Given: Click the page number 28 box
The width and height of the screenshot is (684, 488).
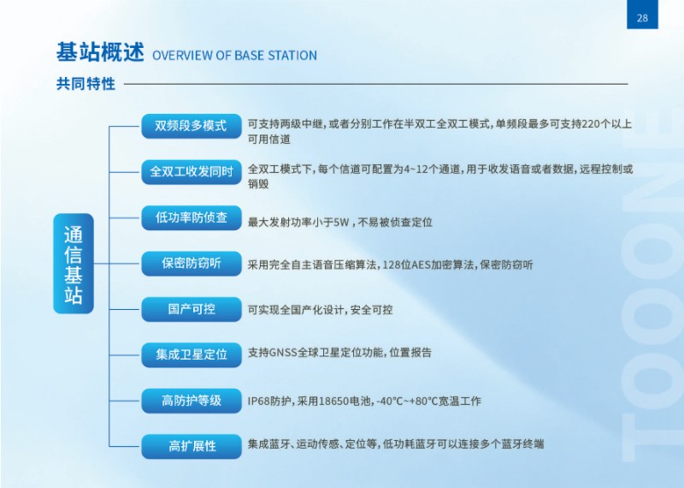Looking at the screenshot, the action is point(642,15).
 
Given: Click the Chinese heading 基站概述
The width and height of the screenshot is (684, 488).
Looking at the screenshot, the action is point(100,52).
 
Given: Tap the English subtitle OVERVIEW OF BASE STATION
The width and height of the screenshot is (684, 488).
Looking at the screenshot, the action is point(234,56).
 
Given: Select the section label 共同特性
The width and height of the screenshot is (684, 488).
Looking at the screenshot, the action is point(86,83).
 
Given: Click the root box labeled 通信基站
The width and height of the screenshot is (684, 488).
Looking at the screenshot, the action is point(74,264).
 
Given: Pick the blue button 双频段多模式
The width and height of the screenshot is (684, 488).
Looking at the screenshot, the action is point(191,126).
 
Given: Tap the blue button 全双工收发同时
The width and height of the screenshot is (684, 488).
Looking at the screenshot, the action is point(191,172).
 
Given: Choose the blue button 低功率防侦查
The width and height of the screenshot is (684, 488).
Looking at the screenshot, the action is point(191,217).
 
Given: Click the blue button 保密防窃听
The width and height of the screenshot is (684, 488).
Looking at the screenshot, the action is point(191,264).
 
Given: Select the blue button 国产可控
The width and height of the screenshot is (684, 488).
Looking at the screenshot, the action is point(191,309).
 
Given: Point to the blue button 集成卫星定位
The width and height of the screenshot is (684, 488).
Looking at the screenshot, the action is point(191,354).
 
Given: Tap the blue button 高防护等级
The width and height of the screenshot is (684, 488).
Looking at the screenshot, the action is point(191,401).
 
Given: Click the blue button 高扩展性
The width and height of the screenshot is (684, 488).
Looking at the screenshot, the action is point(191,447).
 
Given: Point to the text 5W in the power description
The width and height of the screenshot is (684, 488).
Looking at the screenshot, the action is point(341,223).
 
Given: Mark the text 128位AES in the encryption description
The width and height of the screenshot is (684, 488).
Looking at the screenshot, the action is point(406,265).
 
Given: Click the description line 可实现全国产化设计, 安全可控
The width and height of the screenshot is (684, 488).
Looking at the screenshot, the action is point(320,310).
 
